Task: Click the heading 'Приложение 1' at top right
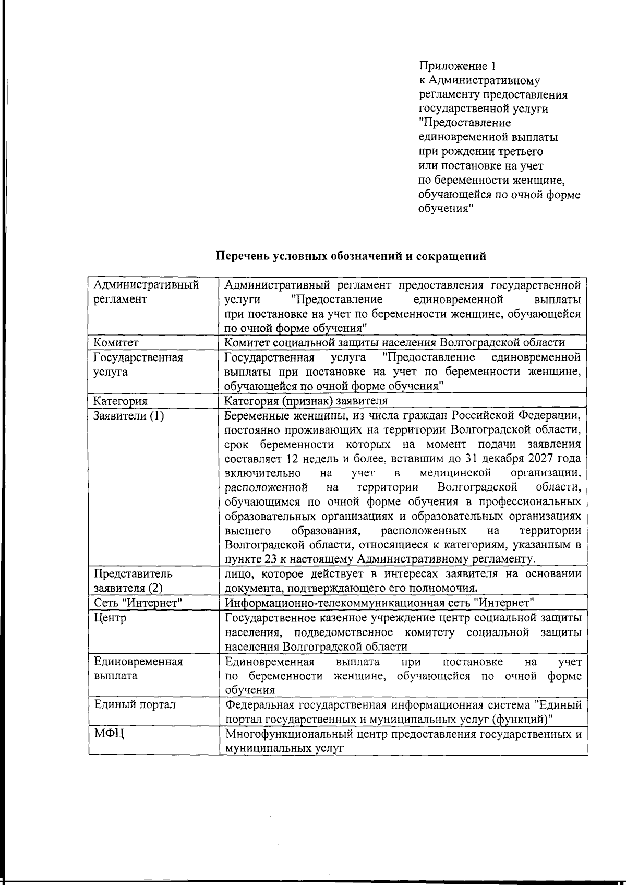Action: coord(457,66)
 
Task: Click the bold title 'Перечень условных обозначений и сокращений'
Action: coord(352,256)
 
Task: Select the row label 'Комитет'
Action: coord(116,343)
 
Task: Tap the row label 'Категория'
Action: coord(120,401)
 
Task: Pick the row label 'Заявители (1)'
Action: coord(128,416)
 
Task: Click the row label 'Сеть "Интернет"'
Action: coord(138,603)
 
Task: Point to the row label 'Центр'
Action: coord(110,618)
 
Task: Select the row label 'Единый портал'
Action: coord(135,704)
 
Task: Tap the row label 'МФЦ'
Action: coord(109,734)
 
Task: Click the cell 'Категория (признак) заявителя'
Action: coord(306,401)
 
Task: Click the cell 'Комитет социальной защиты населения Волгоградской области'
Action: coord(394,343)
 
